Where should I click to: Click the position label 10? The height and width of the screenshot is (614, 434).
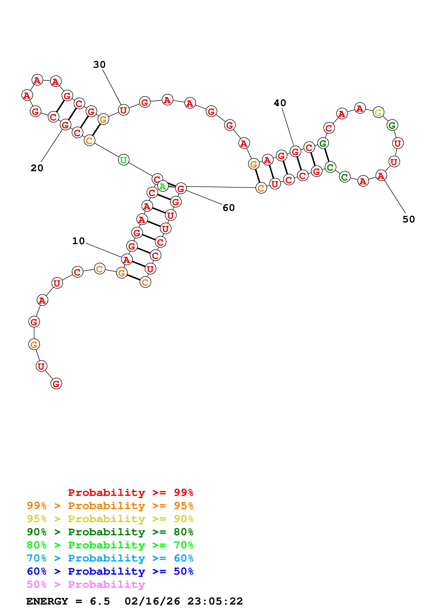[78, 241]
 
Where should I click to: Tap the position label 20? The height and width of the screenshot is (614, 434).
[37, 168]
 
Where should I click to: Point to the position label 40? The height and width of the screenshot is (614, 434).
[280, 103]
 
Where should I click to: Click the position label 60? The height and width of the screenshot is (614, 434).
[229, 208]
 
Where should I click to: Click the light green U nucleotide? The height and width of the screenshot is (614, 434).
[123, 160]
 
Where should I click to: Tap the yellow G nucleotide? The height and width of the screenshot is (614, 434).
[378, 112]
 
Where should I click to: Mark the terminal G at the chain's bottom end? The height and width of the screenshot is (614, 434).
[56, 384]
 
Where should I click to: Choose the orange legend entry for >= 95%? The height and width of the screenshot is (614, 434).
[110, 506]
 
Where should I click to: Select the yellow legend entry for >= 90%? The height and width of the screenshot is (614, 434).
[110, 519]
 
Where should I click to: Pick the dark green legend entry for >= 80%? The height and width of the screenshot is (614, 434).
[110, 532]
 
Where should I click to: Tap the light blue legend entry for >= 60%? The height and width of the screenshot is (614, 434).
[110, 558]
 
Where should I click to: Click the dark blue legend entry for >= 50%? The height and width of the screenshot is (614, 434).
[110, 571]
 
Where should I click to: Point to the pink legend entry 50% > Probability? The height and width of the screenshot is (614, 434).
[86, 584]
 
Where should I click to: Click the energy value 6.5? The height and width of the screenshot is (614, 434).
[100, 601]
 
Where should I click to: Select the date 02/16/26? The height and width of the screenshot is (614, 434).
[152, 601]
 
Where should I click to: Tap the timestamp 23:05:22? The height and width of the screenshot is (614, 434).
[215, 601]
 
